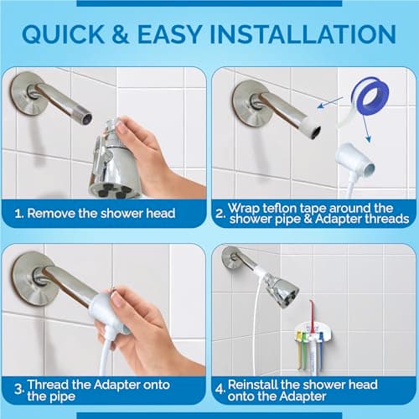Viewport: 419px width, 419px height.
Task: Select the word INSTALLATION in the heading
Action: [303, 34]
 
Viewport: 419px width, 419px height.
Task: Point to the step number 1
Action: [18, 214]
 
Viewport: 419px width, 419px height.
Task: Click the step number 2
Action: [220, 214]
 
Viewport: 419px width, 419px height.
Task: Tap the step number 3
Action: [19, 390]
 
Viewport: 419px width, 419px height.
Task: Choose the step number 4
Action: [220, 389]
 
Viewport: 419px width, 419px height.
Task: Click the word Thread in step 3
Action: [48, 385]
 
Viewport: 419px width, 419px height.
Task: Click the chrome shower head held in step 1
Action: [115, 162]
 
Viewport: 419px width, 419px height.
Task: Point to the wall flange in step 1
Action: [28, 94]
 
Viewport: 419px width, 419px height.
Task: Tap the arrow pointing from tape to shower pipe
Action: [330, 102]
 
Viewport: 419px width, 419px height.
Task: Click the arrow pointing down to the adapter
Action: [366, 128]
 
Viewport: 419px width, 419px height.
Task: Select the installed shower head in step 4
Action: [281, 291]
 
